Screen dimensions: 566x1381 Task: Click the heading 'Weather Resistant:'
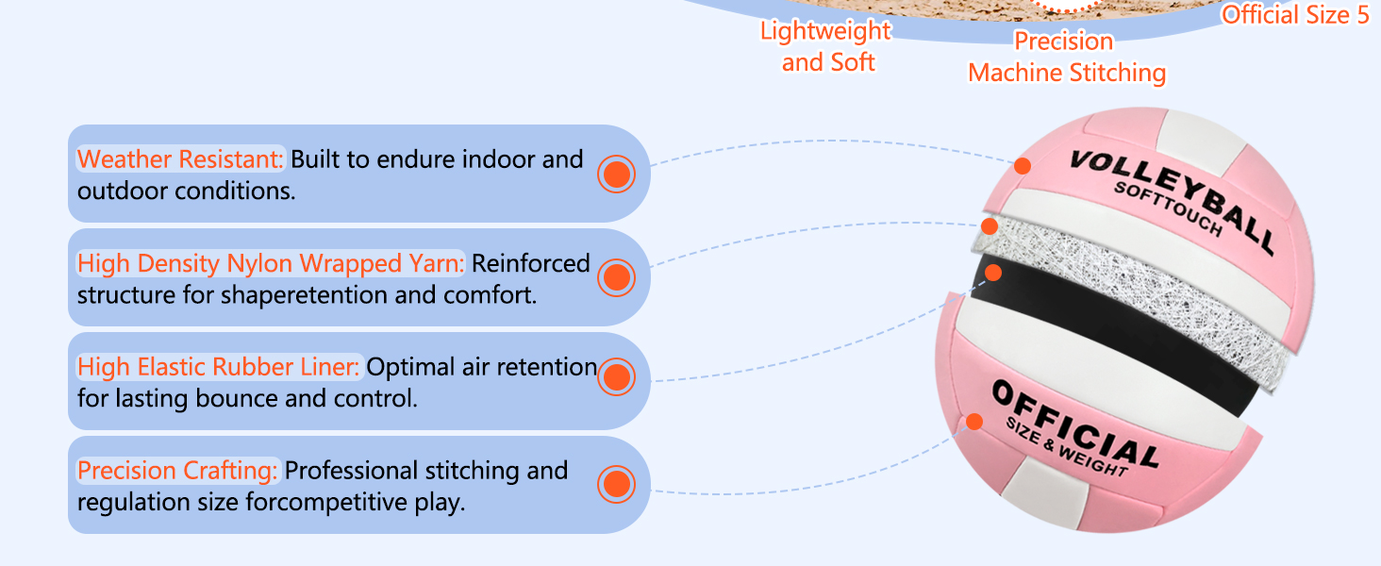point(180,158)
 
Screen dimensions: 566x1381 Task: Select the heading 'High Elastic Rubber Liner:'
point(219,366)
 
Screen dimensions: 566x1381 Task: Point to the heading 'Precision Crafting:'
point(177,470)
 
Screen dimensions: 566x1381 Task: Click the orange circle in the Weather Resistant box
point(616,174)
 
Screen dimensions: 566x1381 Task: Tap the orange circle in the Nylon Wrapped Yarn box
point(616,277)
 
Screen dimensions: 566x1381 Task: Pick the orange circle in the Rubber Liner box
point(616,377)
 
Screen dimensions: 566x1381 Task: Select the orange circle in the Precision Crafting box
point(616,484)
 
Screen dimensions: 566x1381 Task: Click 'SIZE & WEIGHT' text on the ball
point(1066,448)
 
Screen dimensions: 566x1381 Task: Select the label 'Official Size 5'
point(1295,14)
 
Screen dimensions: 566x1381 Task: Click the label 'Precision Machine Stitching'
point(1066,57)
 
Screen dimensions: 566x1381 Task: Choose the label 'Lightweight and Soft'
point(826,46)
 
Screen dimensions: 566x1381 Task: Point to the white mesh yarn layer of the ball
point(1132,274)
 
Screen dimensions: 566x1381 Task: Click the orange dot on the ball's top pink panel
point(1023,166)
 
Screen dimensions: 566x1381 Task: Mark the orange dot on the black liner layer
point(992,273)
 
